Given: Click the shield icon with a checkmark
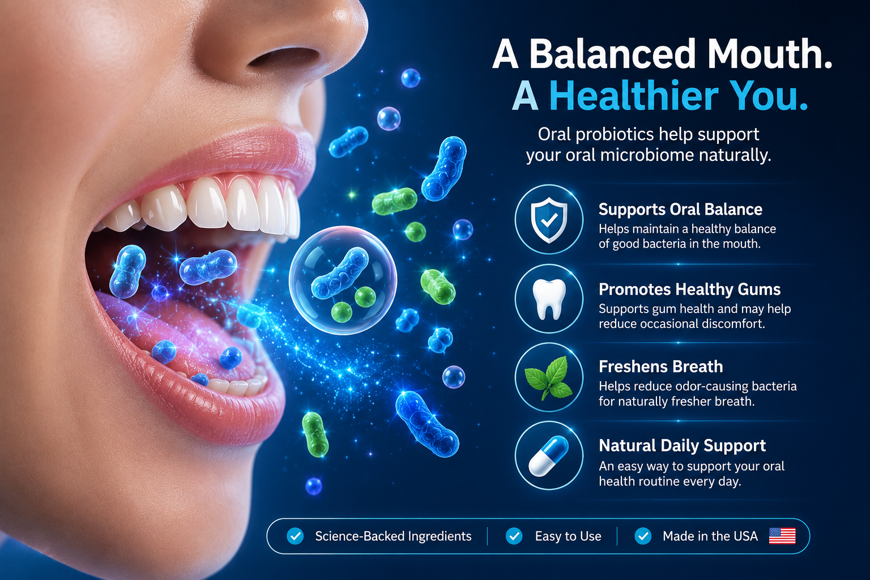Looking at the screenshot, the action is point(549,220).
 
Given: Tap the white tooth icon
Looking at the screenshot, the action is point(549,299).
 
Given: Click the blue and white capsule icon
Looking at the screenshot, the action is point(548,456).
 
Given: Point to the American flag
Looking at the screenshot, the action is point(782,536).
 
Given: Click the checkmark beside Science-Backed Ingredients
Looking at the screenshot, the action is point(295,536).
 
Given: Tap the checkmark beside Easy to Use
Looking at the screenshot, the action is point(514,536).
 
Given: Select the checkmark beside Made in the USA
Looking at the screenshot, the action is point(643,536).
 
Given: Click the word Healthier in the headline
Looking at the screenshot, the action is point(634,96).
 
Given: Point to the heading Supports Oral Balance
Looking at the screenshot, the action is point(680,210).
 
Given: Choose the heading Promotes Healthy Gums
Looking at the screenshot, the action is point(689,289).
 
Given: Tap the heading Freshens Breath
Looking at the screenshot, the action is point(660,366).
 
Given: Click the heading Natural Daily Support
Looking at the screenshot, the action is point(682,446).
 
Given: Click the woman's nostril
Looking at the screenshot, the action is point(283,58).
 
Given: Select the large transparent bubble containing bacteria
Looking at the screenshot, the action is point(343,280).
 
